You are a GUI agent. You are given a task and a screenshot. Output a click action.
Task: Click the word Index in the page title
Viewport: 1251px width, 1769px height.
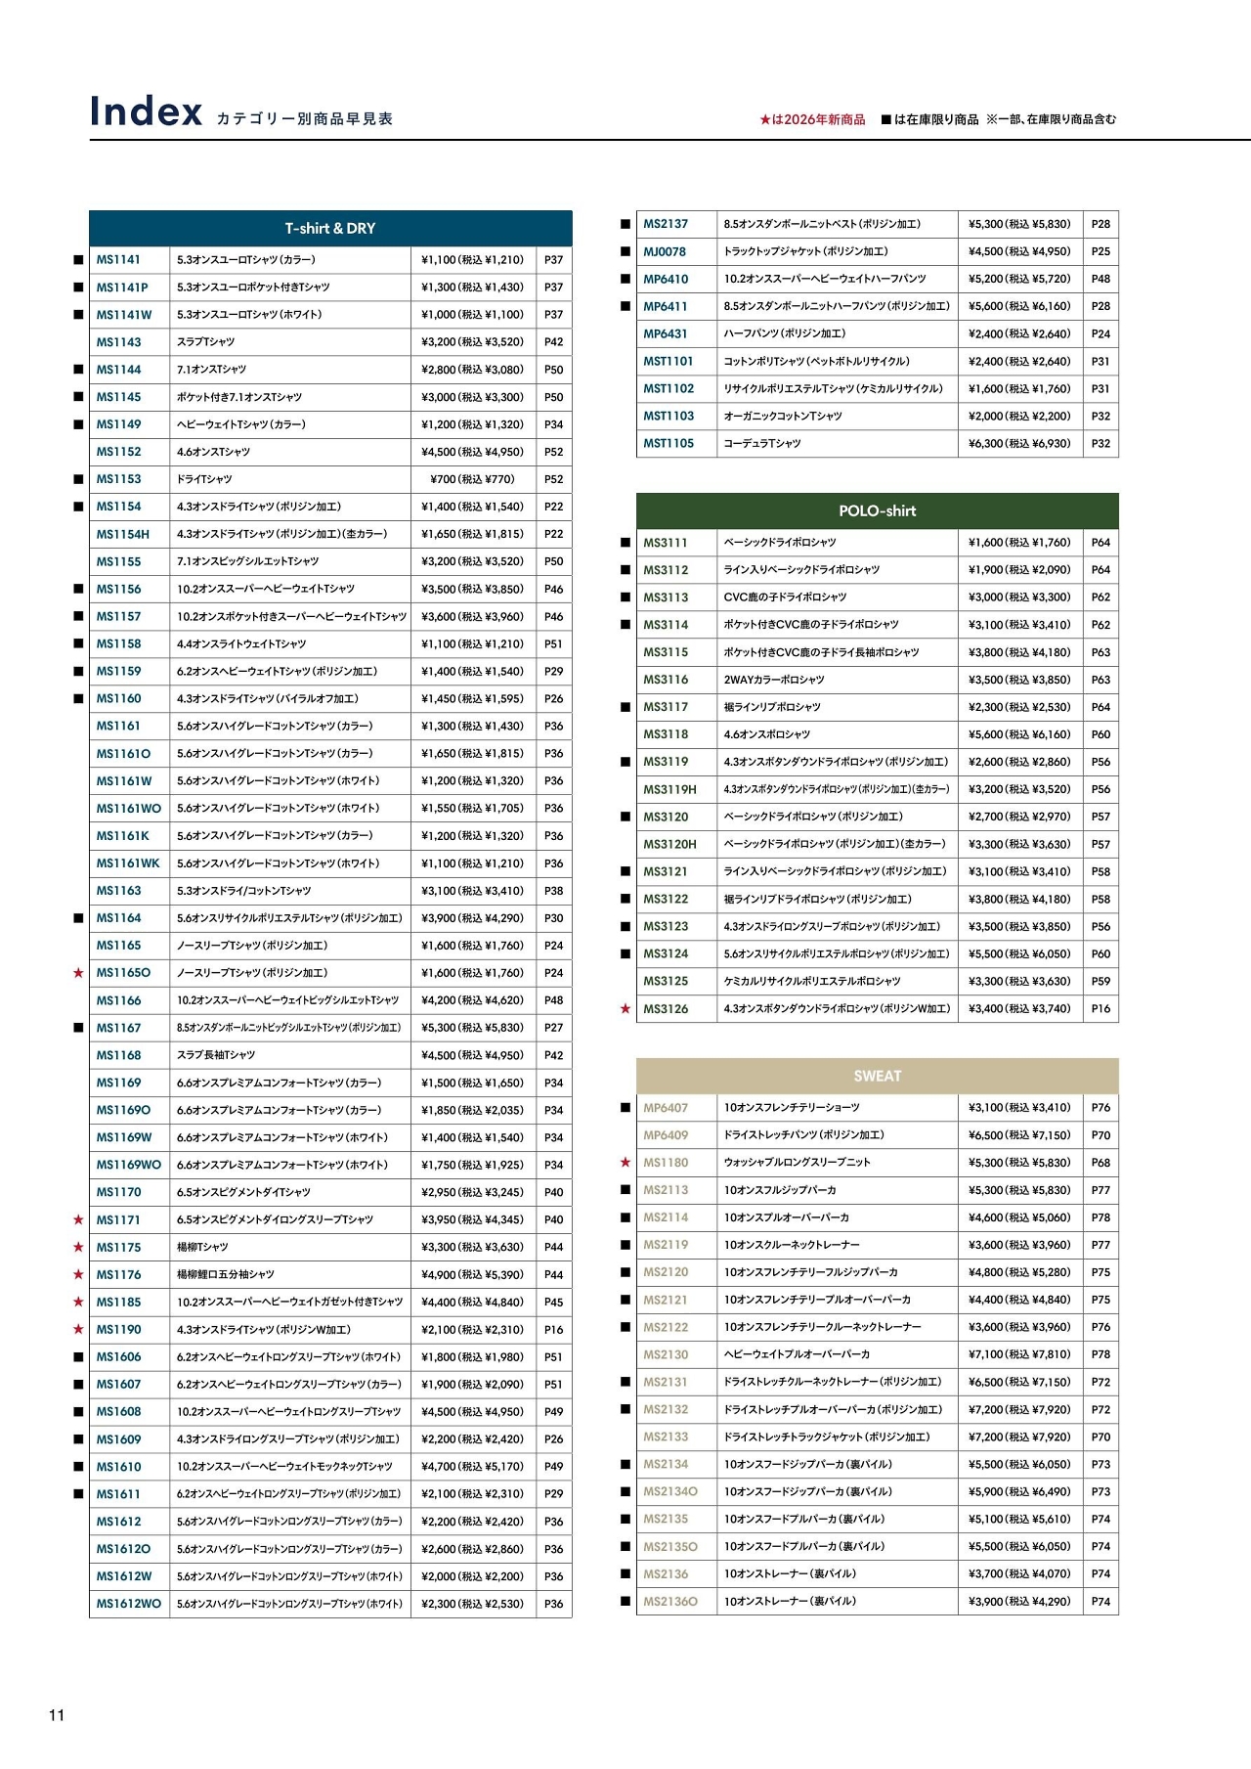pos(146,111)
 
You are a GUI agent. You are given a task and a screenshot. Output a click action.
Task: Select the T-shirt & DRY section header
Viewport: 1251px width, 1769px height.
pos(330,228)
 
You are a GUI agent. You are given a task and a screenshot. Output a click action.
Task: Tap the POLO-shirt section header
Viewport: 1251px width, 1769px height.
pos(877,510)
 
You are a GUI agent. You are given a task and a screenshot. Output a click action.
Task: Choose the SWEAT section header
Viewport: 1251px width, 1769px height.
pos(877,1076)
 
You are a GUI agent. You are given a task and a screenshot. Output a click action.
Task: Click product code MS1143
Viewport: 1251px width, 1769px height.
pos(118,342)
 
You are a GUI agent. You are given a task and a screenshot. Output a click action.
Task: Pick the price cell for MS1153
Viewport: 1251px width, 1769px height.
pos(472,479)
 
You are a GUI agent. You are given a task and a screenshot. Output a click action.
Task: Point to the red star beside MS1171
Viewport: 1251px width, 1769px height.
pos(78,1219)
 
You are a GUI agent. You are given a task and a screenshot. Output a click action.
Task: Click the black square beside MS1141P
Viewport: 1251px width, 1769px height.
pos(78,287)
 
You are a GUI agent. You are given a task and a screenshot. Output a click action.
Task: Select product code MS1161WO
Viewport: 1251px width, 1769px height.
pos(128,809)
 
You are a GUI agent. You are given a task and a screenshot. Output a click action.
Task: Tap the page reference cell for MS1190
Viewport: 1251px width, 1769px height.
pos(553,1330)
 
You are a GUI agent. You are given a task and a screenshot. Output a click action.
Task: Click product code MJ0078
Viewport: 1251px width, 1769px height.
pos(665,251)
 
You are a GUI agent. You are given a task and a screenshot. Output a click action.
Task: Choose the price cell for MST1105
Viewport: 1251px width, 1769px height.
pos(1019,443)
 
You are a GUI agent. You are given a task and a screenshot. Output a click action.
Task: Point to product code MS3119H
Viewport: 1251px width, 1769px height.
pos(669,789)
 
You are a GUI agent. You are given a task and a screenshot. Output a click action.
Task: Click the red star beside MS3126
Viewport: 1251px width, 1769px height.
pos(625,1008)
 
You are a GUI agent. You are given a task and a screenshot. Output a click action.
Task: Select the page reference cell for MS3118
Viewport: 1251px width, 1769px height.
pos(1100,734)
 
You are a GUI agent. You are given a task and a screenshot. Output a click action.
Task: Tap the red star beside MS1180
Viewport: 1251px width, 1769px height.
pos(625,1163)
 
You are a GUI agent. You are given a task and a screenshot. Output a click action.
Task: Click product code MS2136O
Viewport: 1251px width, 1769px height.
pos(670,1602)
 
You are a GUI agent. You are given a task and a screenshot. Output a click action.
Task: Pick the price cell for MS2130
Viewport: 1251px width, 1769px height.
pos(1019,1354)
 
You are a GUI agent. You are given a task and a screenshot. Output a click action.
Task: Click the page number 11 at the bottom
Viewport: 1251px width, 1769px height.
pos(57,1715)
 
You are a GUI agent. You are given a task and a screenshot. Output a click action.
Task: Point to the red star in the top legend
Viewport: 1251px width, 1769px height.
pos(765,119)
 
